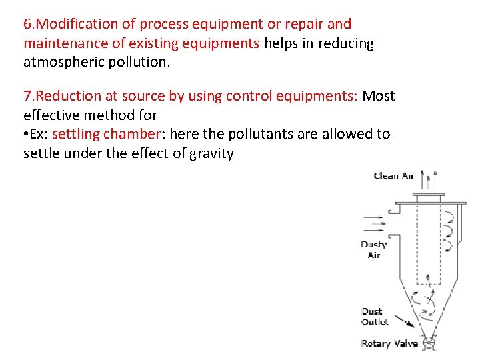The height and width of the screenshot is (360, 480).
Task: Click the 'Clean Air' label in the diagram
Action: click(394, 176)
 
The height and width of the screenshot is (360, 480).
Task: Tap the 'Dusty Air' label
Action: click(374, 249)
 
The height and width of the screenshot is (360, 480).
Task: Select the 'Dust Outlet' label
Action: click(375, 317)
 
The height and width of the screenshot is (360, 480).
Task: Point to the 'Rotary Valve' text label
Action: click(389, 344)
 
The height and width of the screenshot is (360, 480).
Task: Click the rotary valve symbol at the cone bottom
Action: click(429, 344)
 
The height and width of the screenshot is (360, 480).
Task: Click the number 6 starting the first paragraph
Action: click(27, 24)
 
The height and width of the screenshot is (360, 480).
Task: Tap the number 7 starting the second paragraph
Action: click(27, 96)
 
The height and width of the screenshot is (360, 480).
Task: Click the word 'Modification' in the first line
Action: click(77, 24)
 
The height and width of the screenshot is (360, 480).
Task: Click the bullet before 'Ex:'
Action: click(25, 134)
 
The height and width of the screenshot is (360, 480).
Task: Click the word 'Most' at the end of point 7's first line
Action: click(378, 96)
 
